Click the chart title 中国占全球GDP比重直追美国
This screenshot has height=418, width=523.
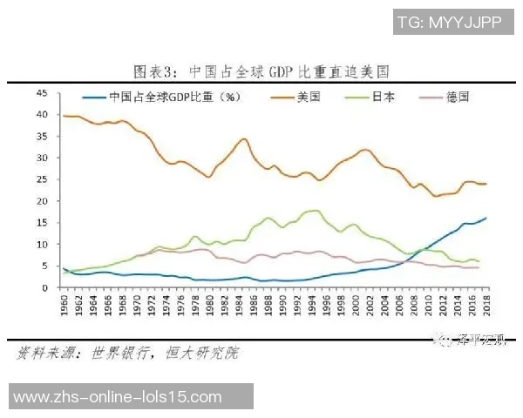[261, 70]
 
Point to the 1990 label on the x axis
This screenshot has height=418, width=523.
[269, 306]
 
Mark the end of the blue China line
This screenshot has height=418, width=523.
[486, 218]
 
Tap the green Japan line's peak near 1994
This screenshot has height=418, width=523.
[312, 211]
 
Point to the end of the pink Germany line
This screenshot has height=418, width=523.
[478, 267]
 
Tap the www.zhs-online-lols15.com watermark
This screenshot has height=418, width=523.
[119, 397]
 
